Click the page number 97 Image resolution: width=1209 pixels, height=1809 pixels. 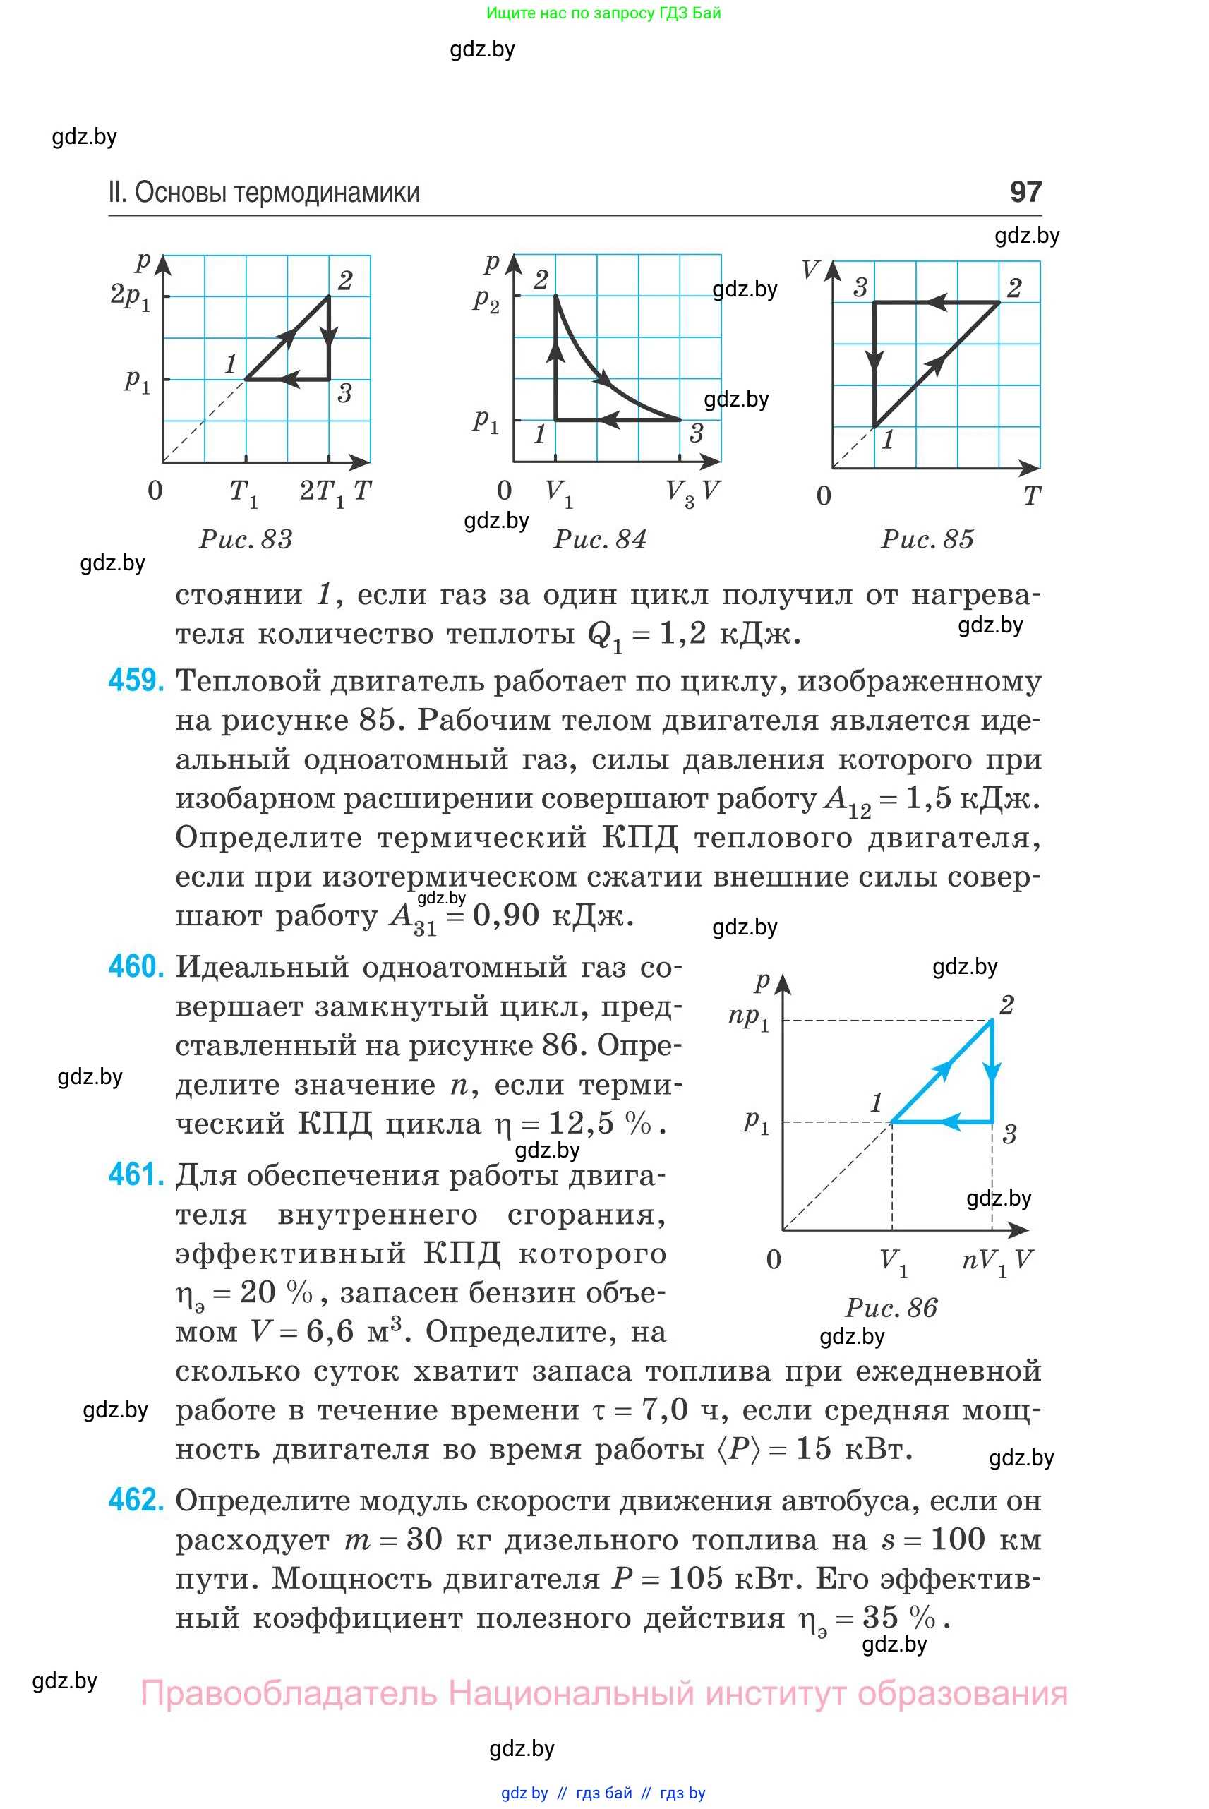[x=1025, y=191]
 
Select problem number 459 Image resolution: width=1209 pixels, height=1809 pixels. [x=136, y=681]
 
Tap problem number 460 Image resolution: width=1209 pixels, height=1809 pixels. [x=136, y=967]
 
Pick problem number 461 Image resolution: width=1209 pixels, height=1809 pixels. [x=136, y=1175]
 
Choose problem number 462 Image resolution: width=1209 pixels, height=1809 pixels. [x=136, y=1500]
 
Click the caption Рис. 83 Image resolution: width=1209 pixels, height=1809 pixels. [x=246, y=539]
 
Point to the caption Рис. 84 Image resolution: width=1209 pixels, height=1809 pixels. [x=600, y=539]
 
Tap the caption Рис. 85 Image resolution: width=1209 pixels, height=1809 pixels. [x=927, y=539]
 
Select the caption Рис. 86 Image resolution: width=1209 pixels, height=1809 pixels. [x=891, y=1308]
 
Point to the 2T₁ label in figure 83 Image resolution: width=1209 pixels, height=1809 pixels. [x=322, y=492]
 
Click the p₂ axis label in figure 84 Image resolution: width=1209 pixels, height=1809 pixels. [x=486, y=299]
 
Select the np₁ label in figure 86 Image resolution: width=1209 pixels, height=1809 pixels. [x=749, y=1018]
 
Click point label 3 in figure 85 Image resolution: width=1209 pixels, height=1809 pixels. [x=860, y=288]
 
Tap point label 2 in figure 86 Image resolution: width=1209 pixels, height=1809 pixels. [x=1006, y=1005]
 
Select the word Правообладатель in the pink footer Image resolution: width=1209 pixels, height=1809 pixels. [x=289, y=1694]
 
